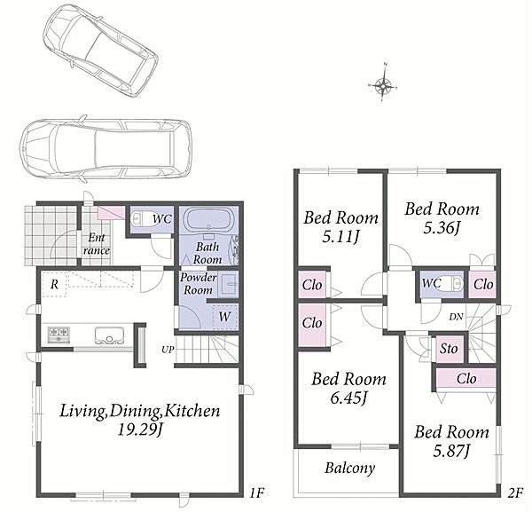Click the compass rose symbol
383,83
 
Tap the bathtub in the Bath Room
209,220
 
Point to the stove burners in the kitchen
59,335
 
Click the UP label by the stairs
168,350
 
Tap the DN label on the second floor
457,317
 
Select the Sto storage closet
450,349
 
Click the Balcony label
350,469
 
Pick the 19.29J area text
140,430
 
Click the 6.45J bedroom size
348,398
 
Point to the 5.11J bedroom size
340,236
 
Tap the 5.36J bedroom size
442,228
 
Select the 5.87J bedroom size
451,452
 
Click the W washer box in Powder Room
225,317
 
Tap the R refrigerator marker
54,285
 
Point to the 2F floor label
515,492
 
